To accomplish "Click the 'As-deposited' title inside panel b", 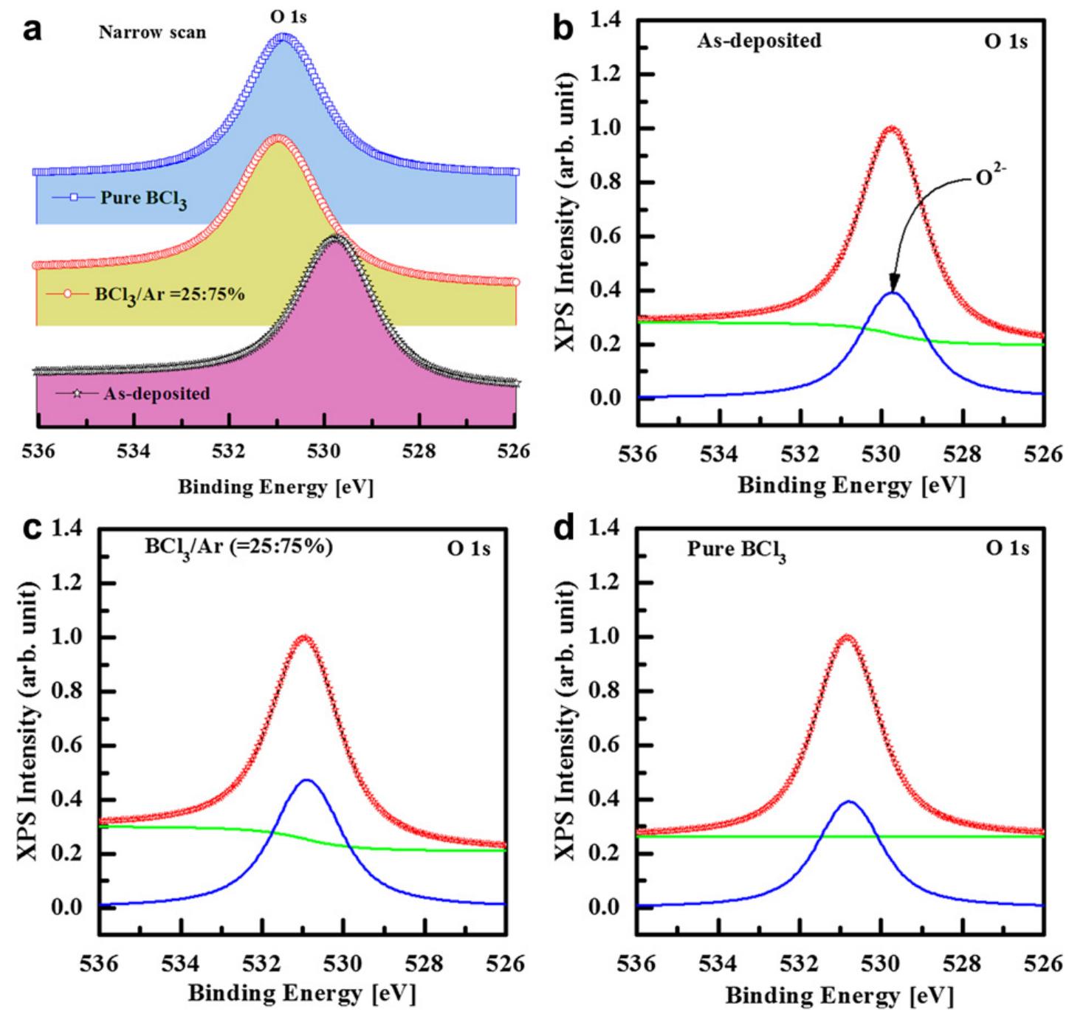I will [x=759, y=41].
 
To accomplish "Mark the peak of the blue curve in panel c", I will [x=306, y=779].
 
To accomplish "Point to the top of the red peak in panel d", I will [x=847, y=637].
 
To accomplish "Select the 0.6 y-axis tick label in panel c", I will [x=71, y=746].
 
